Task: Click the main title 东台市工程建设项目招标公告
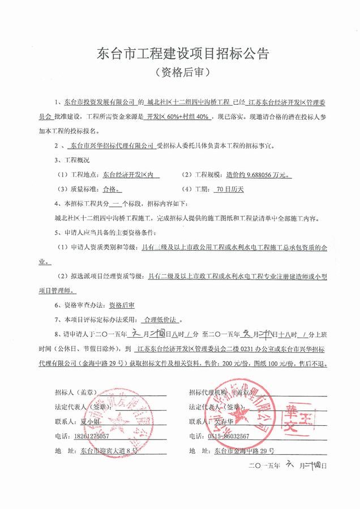click(x=179, y=54)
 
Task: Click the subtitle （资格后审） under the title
click(x=180, y=73)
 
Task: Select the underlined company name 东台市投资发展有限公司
click(x=99, y=103)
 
